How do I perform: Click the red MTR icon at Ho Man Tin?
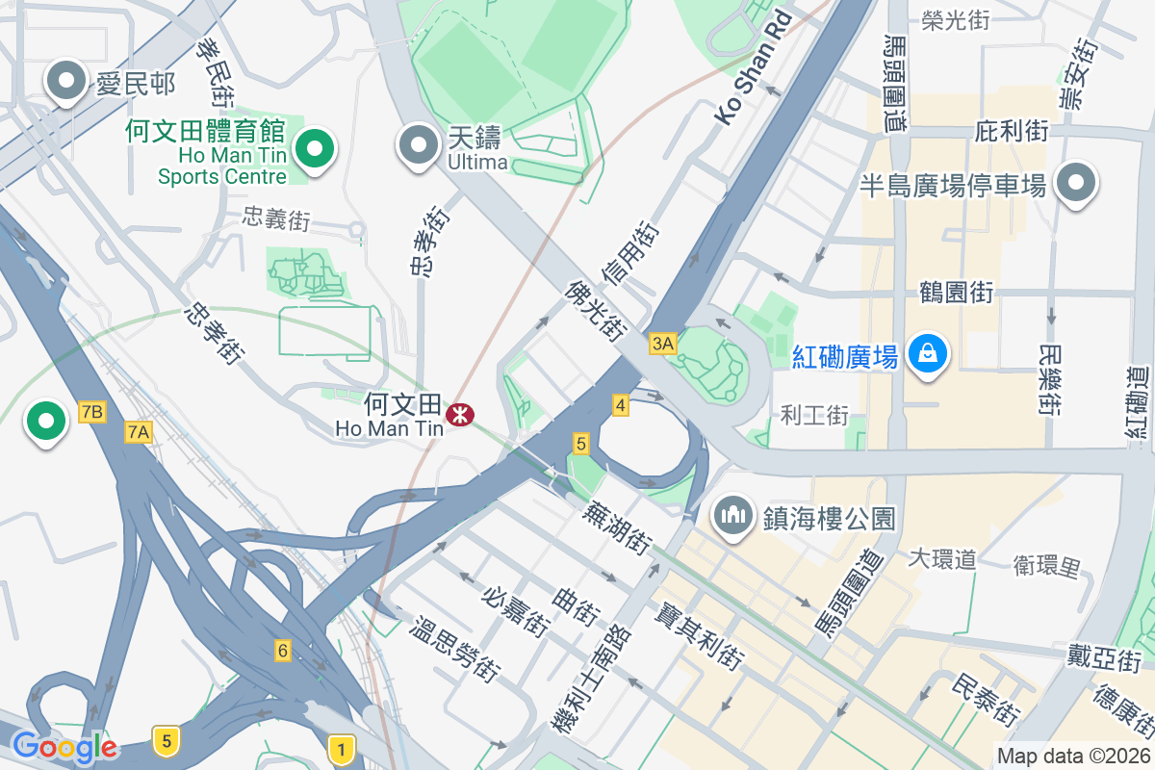460,415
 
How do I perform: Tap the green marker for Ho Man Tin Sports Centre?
314,148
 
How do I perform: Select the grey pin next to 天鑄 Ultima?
417,144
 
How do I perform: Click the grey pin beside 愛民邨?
66,82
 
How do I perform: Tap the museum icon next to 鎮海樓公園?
733,516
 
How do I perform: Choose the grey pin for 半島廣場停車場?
1075,182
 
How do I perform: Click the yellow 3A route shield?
663,344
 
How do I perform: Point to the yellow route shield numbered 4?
620,406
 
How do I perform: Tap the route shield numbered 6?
283,650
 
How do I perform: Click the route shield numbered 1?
340,747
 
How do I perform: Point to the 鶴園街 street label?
956,292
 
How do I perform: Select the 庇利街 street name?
1011,131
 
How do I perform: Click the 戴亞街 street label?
1103,659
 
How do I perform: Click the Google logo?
64,746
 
